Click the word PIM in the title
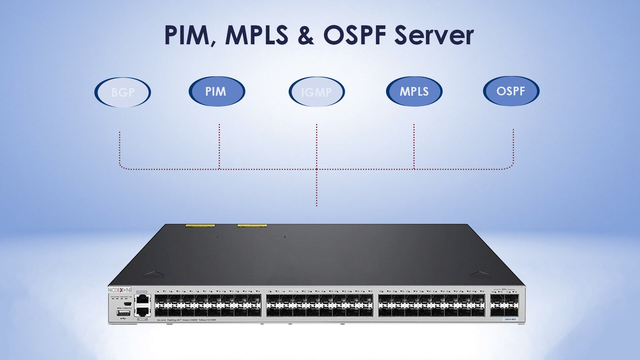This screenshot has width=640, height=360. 187,35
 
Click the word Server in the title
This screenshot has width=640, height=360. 434,35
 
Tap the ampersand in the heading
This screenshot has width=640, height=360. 306,35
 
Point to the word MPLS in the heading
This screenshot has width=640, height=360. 256,35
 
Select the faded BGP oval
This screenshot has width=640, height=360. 123,92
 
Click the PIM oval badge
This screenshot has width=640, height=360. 216,92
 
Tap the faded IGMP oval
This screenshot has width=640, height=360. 316,92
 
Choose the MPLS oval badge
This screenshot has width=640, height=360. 414,92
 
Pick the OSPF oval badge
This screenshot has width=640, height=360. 511,91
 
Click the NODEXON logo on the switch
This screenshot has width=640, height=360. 120,290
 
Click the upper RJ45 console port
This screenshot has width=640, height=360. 143,300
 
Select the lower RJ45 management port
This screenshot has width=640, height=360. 143,311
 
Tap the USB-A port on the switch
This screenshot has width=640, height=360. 124,313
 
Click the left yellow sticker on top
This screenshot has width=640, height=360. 200,226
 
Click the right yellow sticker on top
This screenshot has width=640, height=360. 252,226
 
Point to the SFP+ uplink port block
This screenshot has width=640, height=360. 504,305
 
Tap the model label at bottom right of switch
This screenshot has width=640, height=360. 510,319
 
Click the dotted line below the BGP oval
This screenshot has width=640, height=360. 120,150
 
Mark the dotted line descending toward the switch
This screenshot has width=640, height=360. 316,188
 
